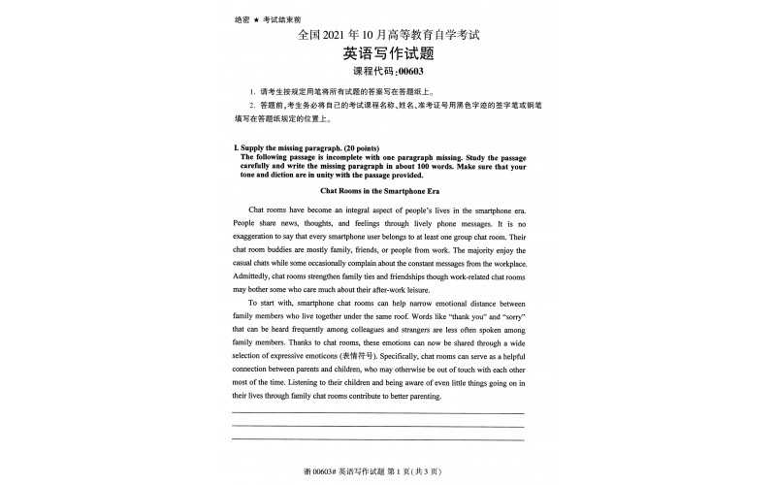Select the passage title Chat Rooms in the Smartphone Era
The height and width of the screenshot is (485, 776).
pos(387,191)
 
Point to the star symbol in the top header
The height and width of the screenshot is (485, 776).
pos(256,19)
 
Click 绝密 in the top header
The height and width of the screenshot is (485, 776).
pos(242,19)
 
